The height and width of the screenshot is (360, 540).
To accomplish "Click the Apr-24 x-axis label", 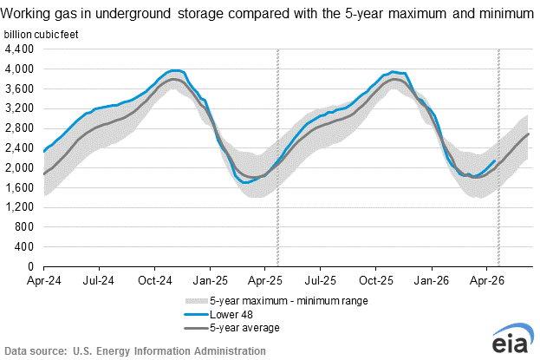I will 43,281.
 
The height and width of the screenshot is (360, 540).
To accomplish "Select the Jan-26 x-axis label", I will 432,281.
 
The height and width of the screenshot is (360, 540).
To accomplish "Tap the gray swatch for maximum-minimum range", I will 199,301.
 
